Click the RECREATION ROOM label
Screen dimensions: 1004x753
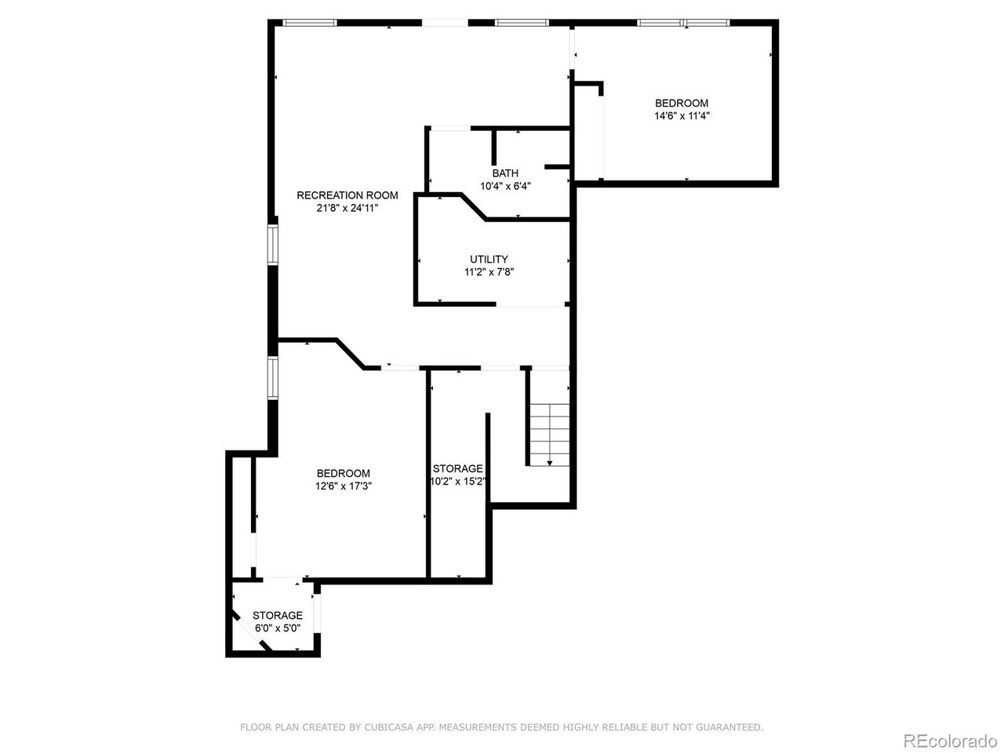[x=347, y=195]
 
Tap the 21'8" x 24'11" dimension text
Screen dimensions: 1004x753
[x=347, y=209]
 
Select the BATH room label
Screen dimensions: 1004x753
[x=505, y=173]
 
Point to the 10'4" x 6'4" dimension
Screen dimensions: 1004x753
[x=505, y=186]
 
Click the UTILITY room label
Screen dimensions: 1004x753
[x=489, y=259]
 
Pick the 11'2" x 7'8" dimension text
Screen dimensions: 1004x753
[x=489, y=272]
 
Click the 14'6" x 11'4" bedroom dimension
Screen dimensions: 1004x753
[x=682, y=115]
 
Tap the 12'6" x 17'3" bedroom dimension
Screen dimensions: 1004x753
[x=343, y=486]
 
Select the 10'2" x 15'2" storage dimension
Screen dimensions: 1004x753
[x=458, y=482]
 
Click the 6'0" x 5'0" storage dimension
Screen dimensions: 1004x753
[x=278, y=628]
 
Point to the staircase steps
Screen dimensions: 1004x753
[x=549, y=435]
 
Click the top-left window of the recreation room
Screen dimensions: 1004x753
[x=309, y=23]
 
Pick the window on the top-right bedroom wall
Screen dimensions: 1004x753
[x=683, y=23]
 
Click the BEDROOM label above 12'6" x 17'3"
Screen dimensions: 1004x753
[x=343, y=473]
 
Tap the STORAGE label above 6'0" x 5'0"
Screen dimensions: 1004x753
[x=278, y=616]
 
